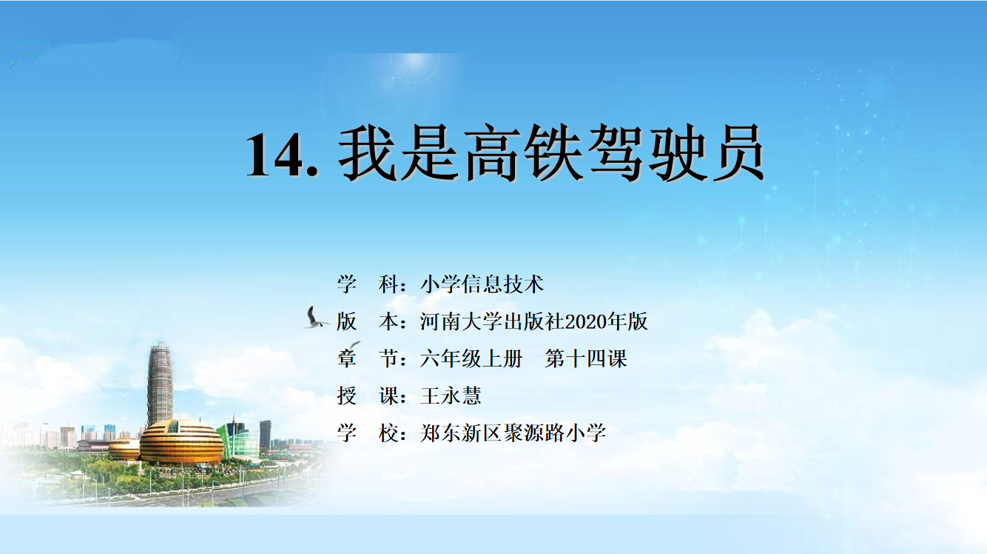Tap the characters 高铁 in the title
point(525,153)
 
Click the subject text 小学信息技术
point(482,284)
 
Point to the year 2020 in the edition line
point(585,321)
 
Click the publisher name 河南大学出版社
point(492,321)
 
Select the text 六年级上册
point(471,358)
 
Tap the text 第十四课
point(586,358)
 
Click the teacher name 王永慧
point(451,396)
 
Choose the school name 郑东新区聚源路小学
point(513,433)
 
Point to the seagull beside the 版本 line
point(315,318)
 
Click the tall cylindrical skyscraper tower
point(160,383)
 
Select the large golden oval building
point(181,442)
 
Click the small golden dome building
point(124,450)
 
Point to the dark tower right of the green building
point(266,435)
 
